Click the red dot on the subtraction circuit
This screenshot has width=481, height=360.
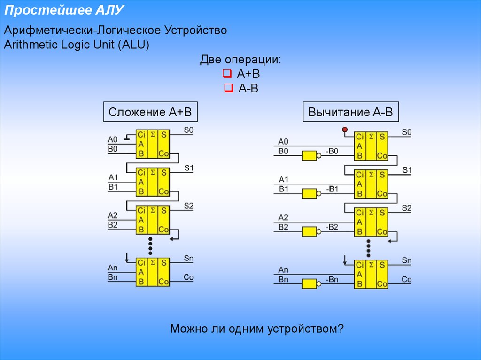345,129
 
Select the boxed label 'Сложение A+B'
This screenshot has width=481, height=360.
150,113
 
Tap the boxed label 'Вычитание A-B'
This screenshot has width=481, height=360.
350,113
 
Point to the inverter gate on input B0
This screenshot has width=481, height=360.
310,156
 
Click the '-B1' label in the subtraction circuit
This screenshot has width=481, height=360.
332,189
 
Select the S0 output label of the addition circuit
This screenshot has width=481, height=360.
189,130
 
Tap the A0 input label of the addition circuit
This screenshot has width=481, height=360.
113,139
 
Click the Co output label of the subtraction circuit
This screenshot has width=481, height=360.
407,280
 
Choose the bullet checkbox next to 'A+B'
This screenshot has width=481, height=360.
227,74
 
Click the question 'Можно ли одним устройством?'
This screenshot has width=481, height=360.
257,329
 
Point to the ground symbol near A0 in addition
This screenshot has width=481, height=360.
127,138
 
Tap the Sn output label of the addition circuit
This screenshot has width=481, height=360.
189,258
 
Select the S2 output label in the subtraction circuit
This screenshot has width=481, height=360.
407,208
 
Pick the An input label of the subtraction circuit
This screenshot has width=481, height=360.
283,270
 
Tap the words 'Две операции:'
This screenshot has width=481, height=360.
241,60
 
